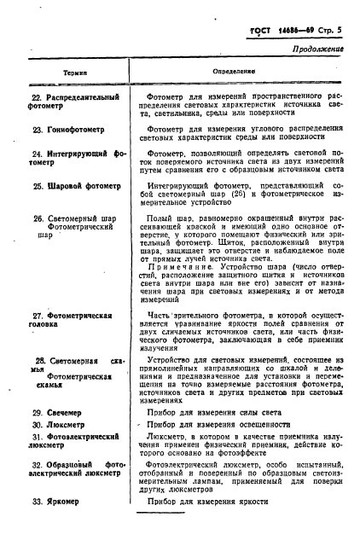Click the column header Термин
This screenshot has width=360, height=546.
[67, 74]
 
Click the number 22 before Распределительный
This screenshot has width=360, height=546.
[37, 97]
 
